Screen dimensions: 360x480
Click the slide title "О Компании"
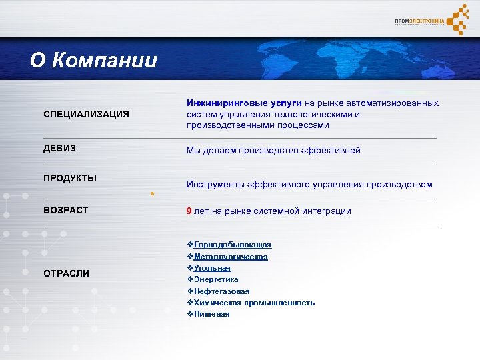[x=93, y=61]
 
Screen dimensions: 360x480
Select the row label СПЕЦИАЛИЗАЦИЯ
[x=86, y=114]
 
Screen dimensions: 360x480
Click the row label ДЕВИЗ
[x=59, y=148]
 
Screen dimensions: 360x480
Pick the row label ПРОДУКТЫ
[x=70, y=177]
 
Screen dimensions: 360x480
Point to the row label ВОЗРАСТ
[x=65, y=210]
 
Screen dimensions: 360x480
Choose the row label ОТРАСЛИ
[x=66, y=273]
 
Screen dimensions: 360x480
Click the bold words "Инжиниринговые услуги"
[x=244, y=103]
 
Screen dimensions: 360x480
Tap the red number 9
[x=189, y=211]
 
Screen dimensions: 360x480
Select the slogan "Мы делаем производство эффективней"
[x=273, y=150]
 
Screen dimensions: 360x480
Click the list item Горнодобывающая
[x=233, y=245]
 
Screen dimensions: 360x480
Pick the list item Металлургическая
[x=231, y=256]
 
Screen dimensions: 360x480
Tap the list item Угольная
[x=212, y=267]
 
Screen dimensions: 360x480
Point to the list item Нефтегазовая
[x=221, y=291]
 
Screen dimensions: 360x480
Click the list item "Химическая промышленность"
[x=254, y=302]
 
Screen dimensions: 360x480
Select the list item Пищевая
[x=211, y=313]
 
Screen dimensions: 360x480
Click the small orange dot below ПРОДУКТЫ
[x=152, y=194]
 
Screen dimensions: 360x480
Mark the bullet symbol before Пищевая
[x=190, y=313]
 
